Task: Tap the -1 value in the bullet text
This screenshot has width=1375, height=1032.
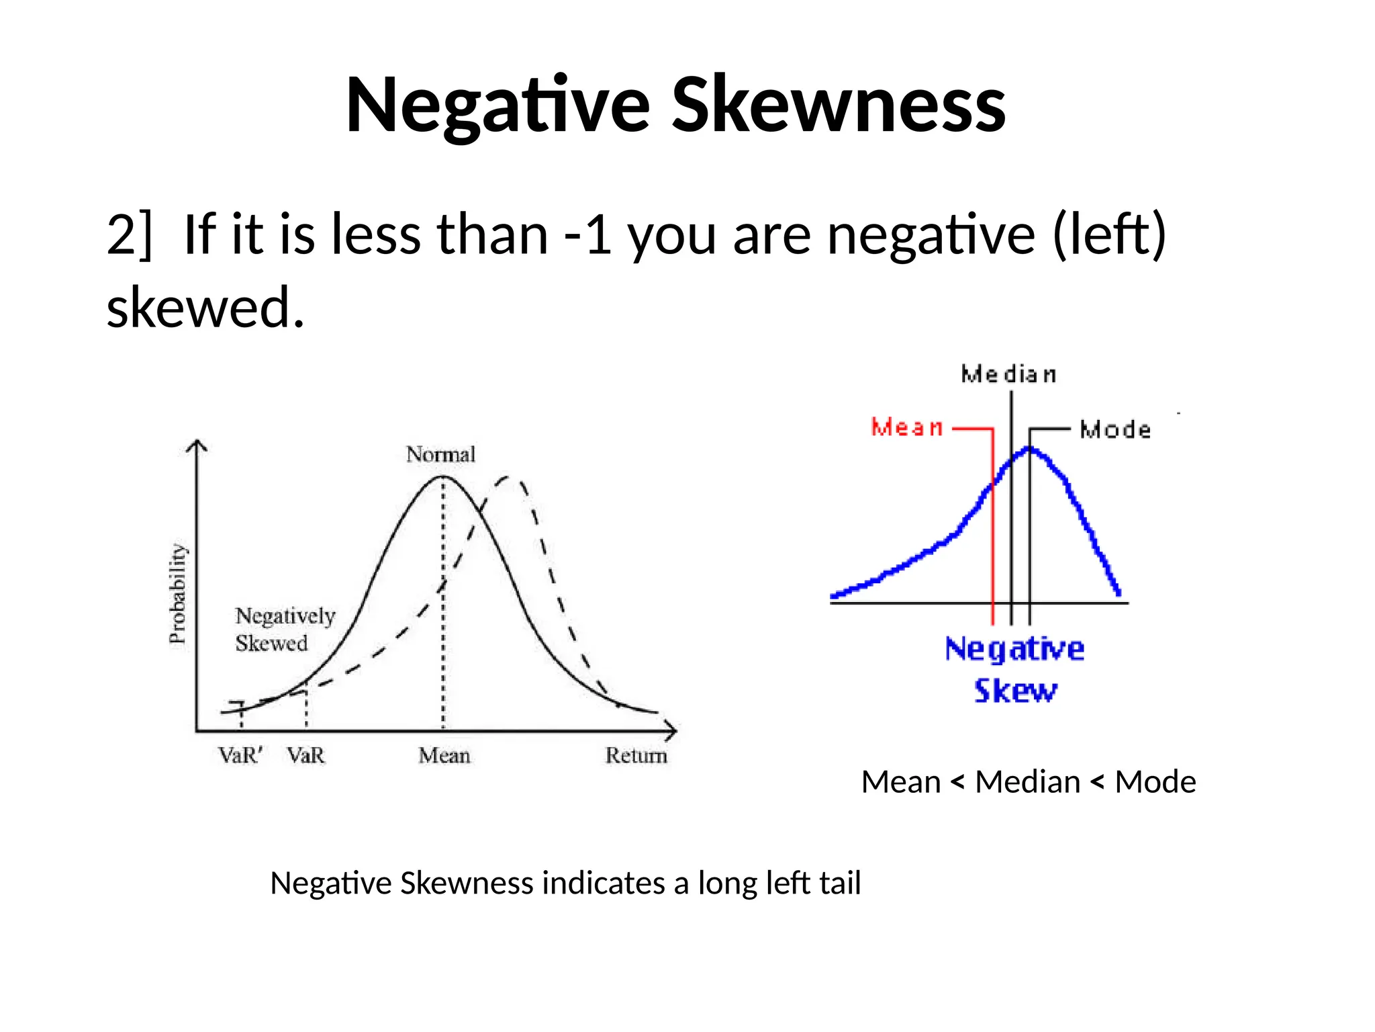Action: [x=588, y=235]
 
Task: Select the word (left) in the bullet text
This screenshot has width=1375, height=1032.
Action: [x=1109, y=235]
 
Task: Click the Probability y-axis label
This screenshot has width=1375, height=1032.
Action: [x=177, y=594]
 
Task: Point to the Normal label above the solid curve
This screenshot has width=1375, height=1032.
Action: [x=440, y=455]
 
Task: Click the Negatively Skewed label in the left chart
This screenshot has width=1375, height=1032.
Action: [x=284, y=630]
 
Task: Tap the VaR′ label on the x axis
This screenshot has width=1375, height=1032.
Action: [x=240, y=756]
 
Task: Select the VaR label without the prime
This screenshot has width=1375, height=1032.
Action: [x=305, y=756]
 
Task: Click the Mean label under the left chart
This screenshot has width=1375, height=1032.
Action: [x=444, y=756]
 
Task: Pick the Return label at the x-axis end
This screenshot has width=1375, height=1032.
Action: [x=636, y=756]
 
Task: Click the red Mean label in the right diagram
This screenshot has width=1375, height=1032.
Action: [x=907, y=427]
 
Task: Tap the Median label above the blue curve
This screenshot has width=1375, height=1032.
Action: [x=1008, y=374]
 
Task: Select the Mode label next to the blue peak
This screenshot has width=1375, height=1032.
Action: [x=1115, y=430]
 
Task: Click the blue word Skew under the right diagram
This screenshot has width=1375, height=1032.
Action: [x=1015, y=691]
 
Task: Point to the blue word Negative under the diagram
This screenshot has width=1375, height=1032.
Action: [x=1014, y=650]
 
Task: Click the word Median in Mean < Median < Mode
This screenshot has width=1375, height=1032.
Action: [x=1027, y=783]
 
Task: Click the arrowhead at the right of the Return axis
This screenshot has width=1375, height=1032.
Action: [x=672, y=730]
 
